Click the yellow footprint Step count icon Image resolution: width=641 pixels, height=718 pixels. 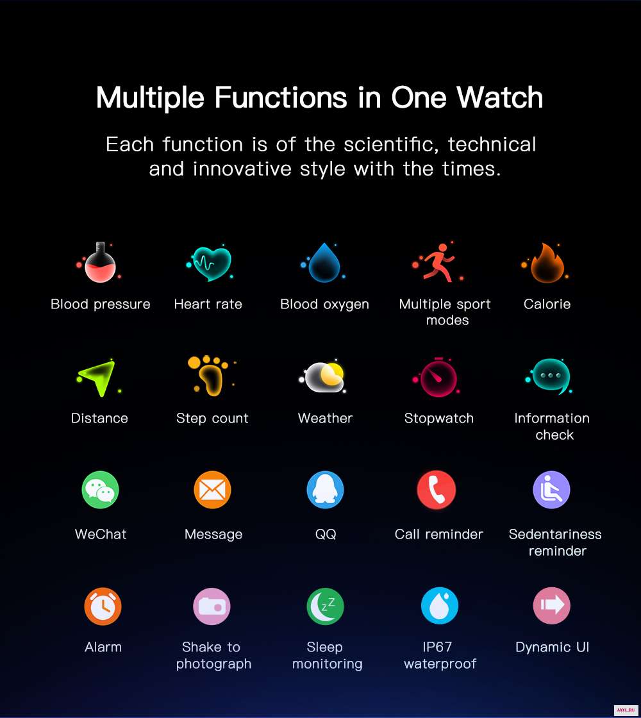click(x=211, y=376)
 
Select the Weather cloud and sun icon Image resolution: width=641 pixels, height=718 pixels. click(x=324, y=377)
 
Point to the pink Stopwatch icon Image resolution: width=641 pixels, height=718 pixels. click(x=438, y=378)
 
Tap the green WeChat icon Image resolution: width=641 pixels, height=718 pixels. click(x=100, y=490)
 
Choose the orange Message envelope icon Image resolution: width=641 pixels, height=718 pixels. click(x=212, y=490)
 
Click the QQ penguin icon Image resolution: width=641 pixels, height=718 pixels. click(x=325, y=490)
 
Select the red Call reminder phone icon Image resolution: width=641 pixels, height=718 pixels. click(x=437, y=490)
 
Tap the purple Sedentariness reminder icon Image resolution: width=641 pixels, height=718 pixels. click(x=552, y=490)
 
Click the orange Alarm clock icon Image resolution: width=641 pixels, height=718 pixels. click(x=103, y=606)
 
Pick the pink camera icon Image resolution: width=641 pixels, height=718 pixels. click(x=212, y=606)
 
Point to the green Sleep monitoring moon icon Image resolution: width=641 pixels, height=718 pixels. click(x=325, y=606)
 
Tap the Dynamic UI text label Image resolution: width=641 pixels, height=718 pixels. click(x=552, y=647)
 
